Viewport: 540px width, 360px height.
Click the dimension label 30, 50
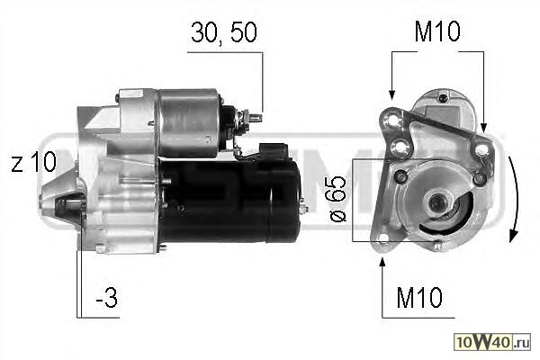[224, 32]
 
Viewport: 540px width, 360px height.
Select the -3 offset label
[107, 297]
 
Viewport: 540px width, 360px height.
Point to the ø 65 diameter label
[337, 200]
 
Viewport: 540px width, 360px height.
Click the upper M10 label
[437, 31]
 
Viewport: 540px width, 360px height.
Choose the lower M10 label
[419, 297]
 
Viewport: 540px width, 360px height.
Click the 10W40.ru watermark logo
[492, 341]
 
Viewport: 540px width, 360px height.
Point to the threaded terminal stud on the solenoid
[254, 118]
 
